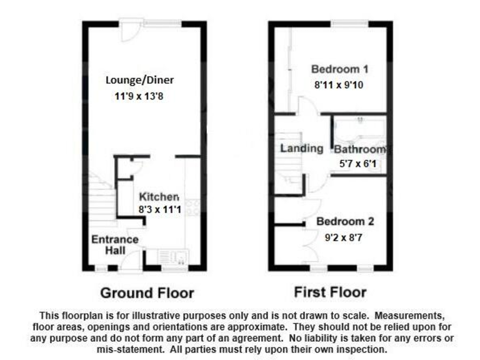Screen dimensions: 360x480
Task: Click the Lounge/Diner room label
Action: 139,81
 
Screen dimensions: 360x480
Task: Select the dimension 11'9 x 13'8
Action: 139,96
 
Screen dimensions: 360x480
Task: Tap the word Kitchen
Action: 159,196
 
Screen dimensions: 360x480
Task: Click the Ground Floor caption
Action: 147,292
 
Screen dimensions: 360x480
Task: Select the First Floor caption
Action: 330,292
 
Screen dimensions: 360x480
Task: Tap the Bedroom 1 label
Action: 339,69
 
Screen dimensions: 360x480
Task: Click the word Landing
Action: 301,149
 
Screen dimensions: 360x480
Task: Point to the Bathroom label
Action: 359,150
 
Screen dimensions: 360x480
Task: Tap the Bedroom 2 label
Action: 345,222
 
